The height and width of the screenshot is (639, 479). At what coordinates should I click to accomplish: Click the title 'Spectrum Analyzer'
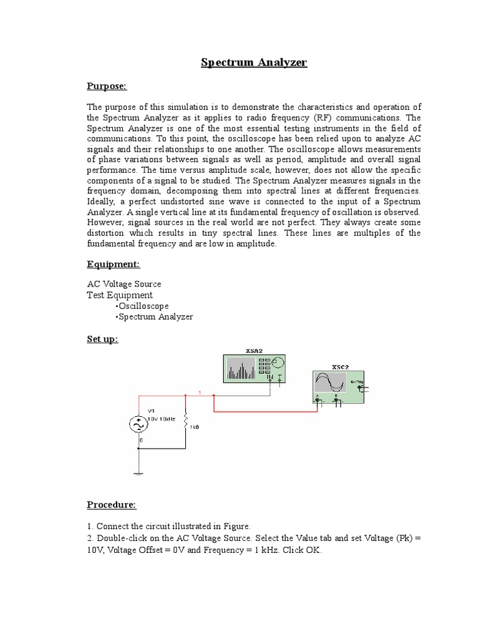253,62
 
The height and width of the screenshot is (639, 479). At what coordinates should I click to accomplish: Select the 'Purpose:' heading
106,86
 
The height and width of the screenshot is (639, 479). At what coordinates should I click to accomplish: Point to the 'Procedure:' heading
111,504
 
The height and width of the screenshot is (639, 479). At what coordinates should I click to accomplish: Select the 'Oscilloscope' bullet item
143,306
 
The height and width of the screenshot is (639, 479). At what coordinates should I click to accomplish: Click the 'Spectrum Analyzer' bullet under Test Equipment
155,316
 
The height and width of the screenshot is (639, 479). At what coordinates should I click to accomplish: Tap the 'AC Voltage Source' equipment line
123,284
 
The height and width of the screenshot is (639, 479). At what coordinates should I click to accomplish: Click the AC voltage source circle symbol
137,425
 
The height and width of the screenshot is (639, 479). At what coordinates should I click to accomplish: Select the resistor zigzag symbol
186,422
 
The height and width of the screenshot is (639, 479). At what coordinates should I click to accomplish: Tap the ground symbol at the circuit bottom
137,474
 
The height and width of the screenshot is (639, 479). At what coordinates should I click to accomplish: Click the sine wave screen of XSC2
331,383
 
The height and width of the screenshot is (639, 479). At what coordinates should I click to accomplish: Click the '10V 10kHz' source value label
162,419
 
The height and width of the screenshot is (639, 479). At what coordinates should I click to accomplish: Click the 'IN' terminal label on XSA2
269,378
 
